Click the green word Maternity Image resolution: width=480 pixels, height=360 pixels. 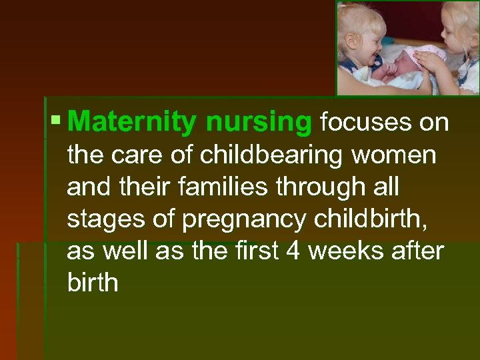pos(132,123)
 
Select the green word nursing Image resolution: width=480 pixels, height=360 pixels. pos(259,123)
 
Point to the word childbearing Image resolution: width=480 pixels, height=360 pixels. pos(265,155)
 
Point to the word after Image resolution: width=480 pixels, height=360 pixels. pos(419,251)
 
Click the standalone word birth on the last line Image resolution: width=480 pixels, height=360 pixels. pos(93,283)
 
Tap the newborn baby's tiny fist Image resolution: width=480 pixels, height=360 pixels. pos(389,67)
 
